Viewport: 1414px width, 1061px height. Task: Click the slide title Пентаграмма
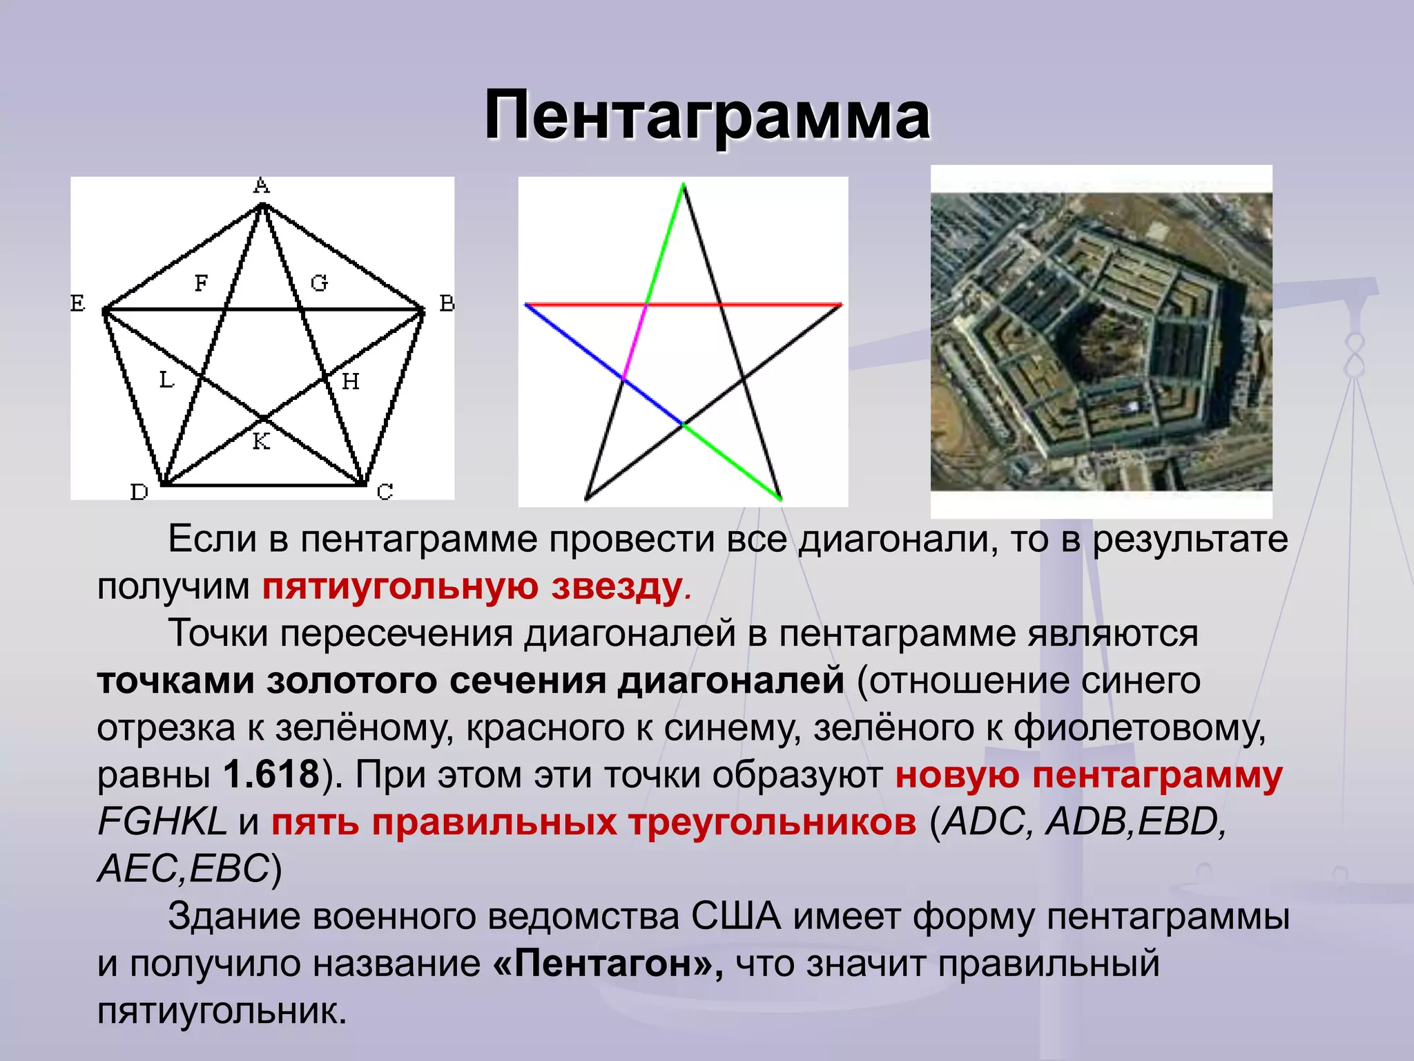(707, 116)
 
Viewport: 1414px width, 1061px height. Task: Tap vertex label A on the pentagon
(261, 186)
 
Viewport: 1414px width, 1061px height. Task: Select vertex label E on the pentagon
(77, 303)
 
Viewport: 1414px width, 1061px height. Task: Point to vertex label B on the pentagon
(447, 303)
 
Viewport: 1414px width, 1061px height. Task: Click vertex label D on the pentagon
(139, 492)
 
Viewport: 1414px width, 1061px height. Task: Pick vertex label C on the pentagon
(385, 492)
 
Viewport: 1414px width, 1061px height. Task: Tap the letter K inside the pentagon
(261, 441)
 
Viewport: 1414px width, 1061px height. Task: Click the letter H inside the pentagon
(351, 381)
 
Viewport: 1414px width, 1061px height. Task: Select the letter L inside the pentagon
(166, 379)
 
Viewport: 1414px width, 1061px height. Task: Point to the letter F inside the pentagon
(201, 283)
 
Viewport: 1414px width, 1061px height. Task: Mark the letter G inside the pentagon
(319, 283)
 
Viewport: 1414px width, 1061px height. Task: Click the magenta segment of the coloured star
(635, 342)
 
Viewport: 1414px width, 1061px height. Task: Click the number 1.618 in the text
(271, 774)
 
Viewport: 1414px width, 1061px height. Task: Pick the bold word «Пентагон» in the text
(608, 963)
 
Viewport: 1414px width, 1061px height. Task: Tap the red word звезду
(616, 586)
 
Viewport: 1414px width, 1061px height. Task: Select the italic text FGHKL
(162, 822)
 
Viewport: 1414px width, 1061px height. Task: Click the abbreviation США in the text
(735, 917)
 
